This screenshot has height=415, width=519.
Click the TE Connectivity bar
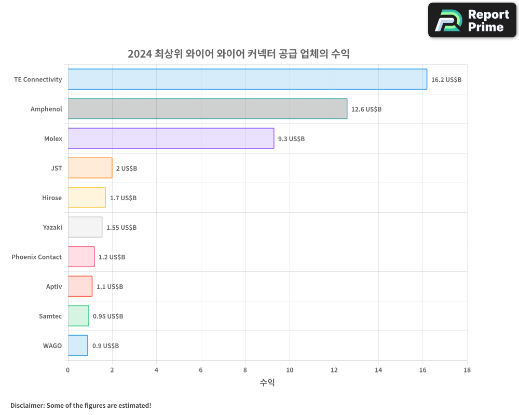247,79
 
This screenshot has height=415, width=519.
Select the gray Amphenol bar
208,109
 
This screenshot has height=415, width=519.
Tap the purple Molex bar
171,139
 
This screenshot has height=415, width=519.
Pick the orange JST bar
90,168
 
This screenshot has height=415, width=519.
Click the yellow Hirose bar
87,198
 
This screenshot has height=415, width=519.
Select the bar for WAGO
78,345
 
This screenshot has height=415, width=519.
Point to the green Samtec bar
78,316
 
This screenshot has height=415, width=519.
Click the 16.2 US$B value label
446,80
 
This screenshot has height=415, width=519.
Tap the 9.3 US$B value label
291,139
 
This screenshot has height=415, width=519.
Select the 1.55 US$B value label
121,228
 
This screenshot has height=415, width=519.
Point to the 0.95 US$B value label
108,316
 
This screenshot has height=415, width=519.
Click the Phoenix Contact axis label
36,257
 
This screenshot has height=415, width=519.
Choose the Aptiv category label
54,287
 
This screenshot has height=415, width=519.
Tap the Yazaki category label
52,228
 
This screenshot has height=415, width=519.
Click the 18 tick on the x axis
467,370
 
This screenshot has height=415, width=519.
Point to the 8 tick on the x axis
245,370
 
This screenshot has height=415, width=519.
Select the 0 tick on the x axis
67,370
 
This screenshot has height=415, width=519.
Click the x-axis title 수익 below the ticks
267,383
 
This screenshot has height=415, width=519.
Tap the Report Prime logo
472,20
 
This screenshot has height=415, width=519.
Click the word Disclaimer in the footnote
27,405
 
